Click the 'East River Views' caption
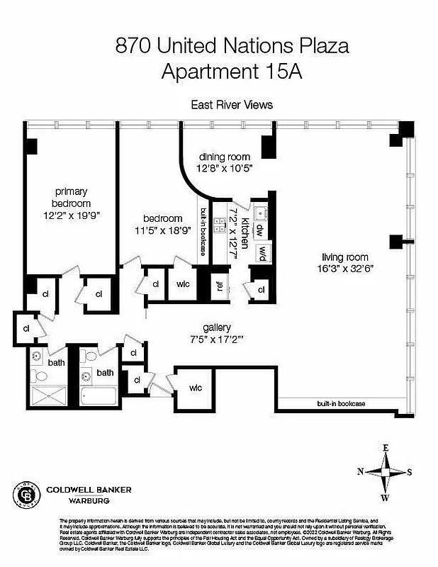(x=232, y=104)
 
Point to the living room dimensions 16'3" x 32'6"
(x=346, y=268)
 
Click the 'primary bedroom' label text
(x=72, y=198)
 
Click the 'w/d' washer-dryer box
(x=260, y=252)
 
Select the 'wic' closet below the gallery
(x=196, y=388)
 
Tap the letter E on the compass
(x=386, y=447)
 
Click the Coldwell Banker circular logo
(x=29, y=493)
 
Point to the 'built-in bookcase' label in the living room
(x=341, y=403)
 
